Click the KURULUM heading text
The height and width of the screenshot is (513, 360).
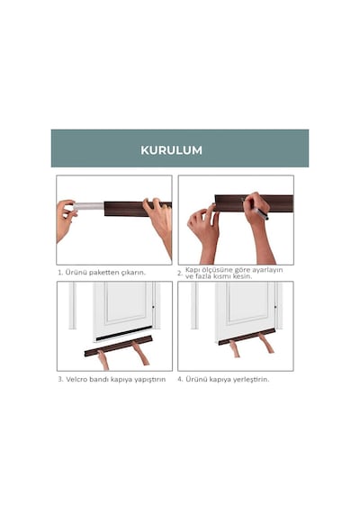point(171,150)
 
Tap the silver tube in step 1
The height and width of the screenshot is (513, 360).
point(88,206)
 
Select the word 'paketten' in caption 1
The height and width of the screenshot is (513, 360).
point(104,272)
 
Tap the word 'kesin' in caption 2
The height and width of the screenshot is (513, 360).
point(243,276)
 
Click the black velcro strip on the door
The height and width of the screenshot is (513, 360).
point(123,333)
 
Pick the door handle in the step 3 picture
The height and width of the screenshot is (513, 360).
point(153,307)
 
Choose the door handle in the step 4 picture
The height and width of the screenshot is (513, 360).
point(275,307)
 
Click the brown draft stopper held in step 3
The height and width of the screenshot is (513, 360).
point(118,346)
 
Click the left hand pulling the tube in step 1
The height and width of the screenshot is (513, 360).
point(67,220)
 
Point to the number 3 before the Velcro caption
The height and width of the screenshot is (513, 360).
point(60,379)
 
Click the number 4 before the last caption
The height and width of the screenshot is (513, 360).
point(180,379)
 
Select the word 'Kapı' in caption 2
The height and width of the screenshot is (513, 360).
point(192,270)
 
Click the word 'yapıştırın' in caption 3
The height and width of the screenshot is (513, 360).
point(150,380)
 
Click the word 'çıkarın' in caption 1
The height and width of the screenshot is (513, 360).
point(133,272)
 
